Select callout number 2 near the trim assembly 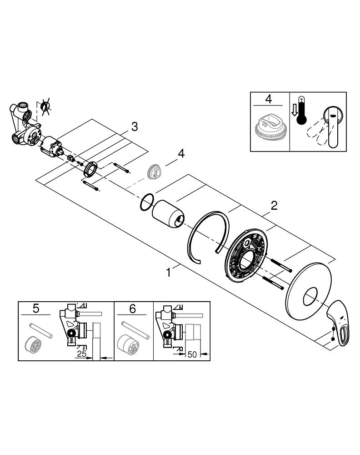click(x=274, y=206)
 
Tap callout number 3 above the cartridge click(x=134, y=126)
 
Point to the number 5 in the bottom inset click(x=36, y=308)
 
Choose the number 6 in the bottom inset click(x=132, y=308)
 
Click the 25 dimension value click(x=82, y=354)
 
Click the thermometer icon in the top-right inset click(x=301, y=111)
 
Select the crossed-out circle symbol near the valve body click(x=45, y=106)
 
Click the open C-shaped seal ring click(x=207, y=237)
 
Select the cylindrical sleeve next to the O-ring click(x=169, y=214)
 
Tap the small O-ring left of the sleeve click(x=146, y=202)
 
